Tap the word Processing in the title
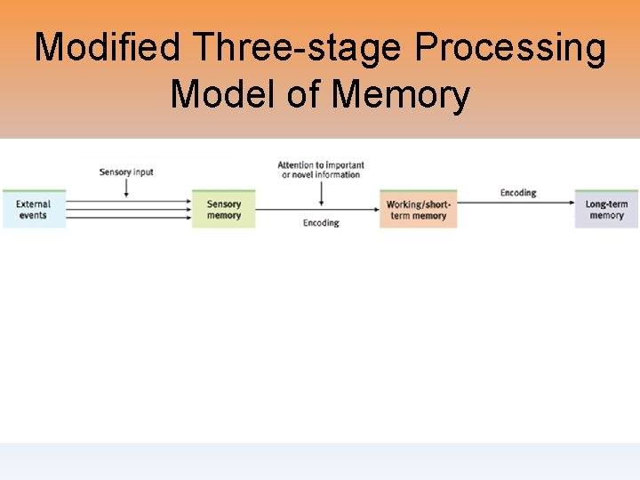[518, 47]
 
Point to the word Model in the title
[222, 93]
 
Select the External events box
[34, 210]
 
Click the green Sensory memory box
[224, 210]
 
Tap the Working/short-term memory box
[418, 210]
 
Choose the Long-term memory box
[606, 210]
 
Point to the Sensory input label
[126, 172]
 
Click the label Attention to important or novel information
[321, 170]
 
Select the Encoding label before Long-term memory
[518, 192]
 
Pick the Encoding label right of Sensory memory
[321, 223]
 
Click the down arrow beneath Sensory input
[126, 188]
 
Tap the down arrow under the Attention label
[321, 195]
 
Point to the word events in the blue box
[33, 216]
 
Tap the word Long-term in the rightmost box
[607, 204]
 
